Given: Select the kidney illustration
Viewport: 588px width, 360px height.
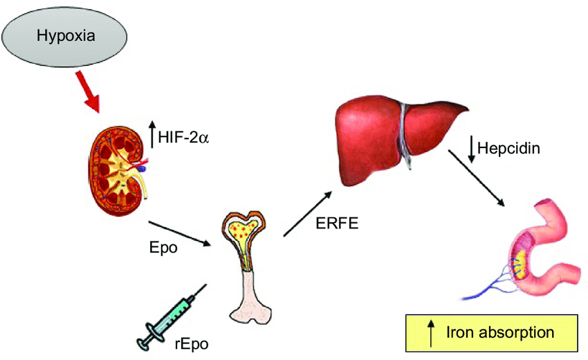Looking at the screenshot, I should pyautogui.click(x=117, y=163).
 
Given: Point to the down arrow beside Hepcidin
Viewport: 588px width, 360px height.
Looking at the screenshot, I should pyautogui.click(x=471, y=149).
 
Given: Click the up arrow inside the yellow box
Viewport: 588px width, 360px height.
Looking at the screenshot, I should pyautogui.click(x=431, y=333).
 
